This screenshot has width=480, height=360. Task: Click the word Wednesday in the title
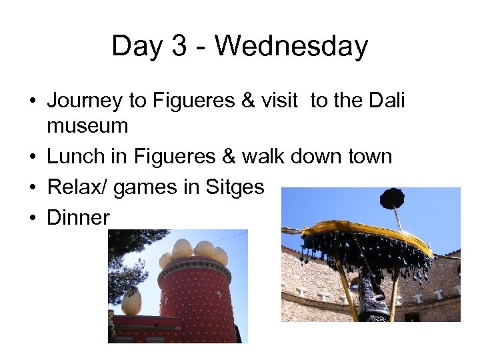pyautogui.click(x=291, y=47)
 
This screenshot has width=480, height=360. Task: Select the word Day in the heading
pyautogui.click(x=137, y=47)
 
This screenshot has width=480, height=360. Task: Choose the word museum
pyautogui.click(x=87, y=125)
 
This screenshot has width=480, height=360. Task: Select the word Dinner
pyautogui.click(x=78, y=217)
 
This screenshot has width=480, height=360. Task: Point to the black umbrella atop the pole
pyautogui.click(x=392, y=198)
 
